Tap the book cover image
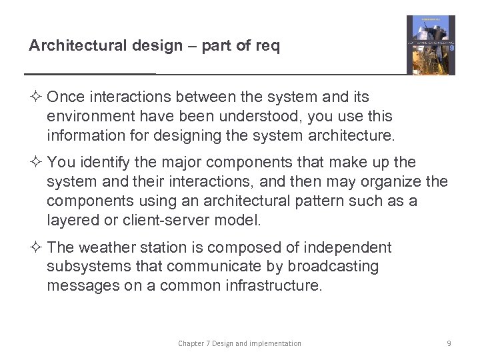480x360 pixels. (431, 45)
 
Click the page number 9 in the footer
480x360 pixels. (449, 343)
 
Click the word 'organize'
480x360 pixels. (390, 182)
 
